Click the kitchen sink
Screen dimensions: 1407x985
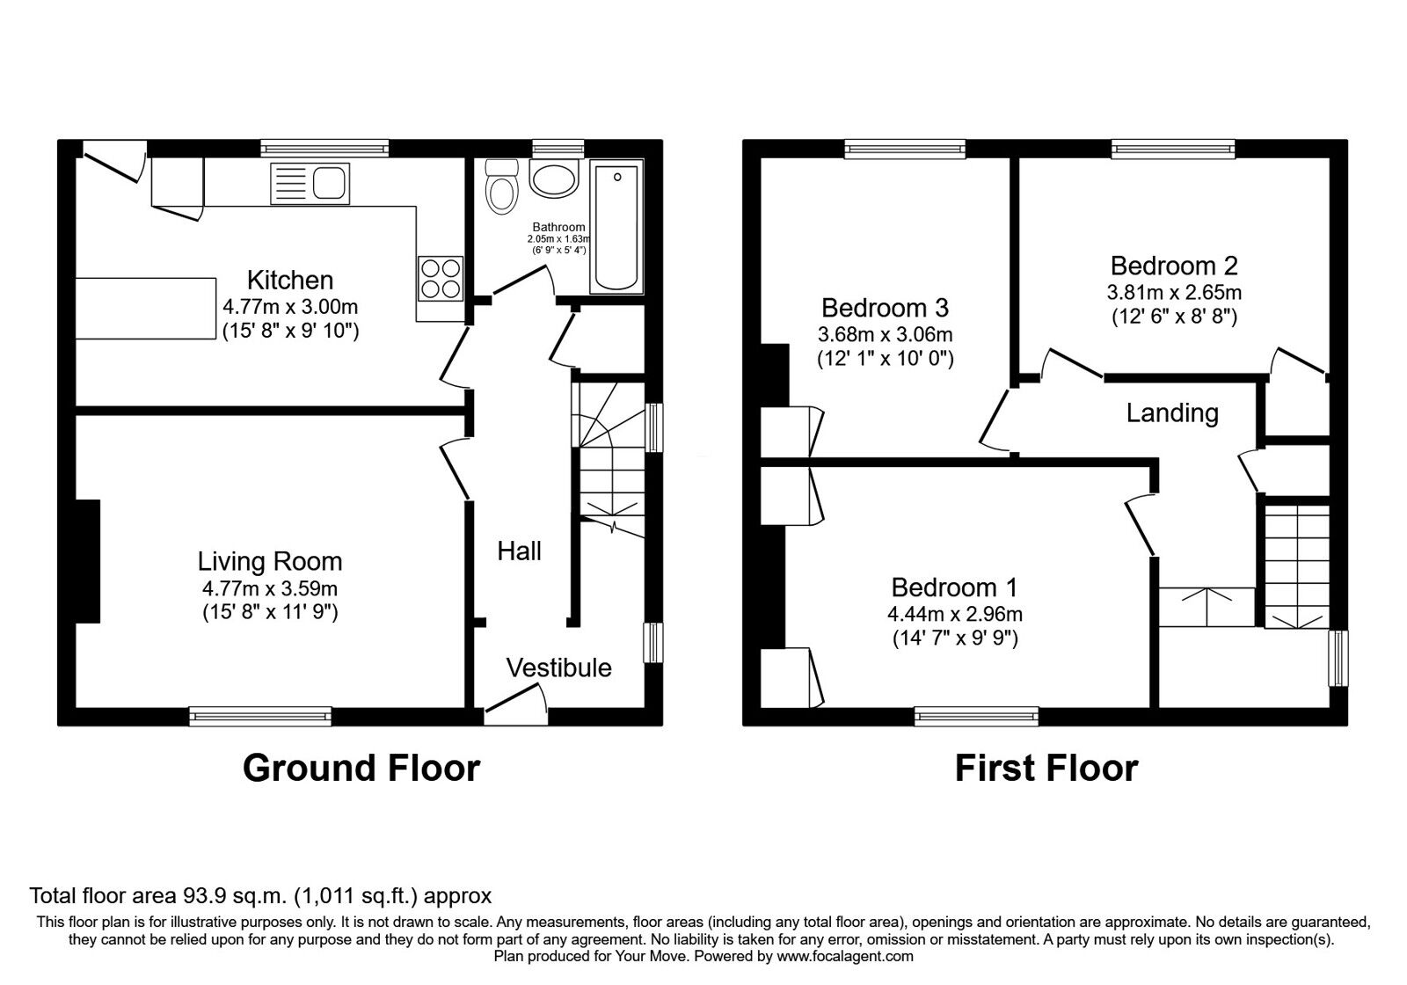[310, 184]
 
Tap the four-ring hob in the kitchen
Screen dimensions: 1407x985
[441, 278]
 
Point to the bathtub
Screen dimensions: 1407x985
[616, 227]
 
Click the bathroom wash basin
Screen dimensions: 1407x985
[553, 179]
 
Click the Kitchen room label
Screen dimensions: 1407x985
[289, 281]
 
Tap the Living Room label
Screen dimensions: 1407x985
[270, 561]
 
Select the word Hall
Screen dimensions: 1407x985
[519, 551]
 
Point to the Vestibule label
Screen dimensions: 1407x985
[558, 668]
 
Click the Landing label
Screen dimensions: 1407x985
[1172, 413]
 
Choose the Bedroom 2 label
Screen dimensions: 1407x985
[1174, 266]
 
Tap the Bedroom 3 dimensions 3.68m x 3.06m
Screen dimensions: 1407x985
[885, 335]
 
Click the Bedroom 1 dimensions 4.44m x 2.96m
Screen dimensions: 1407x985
[955, 614]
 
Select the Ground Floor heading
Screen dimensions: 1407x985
[361, 768]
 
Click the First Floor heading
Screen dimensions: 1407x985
[1046, 768]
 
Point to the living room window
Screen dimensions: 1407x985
[260, 716]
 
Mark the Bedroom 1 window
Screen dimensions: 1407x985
[976, 716]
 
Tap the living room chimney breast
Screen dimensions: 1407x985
[88, 561]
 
